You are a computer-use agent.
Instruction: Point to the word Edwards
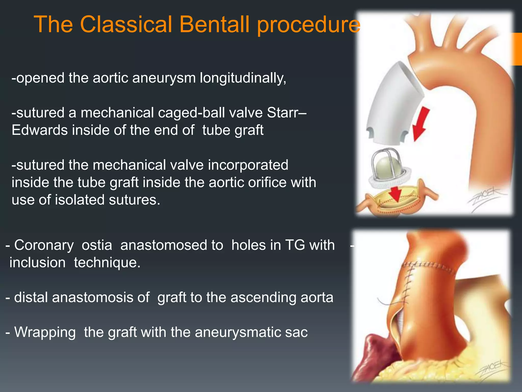[40, 130]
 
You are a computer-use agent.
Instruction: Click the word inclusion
[37, 263]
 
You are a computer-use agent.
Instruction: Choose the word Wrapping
[45, 332]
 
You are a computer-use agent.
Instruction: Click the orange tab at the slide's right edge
[517, 49]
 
